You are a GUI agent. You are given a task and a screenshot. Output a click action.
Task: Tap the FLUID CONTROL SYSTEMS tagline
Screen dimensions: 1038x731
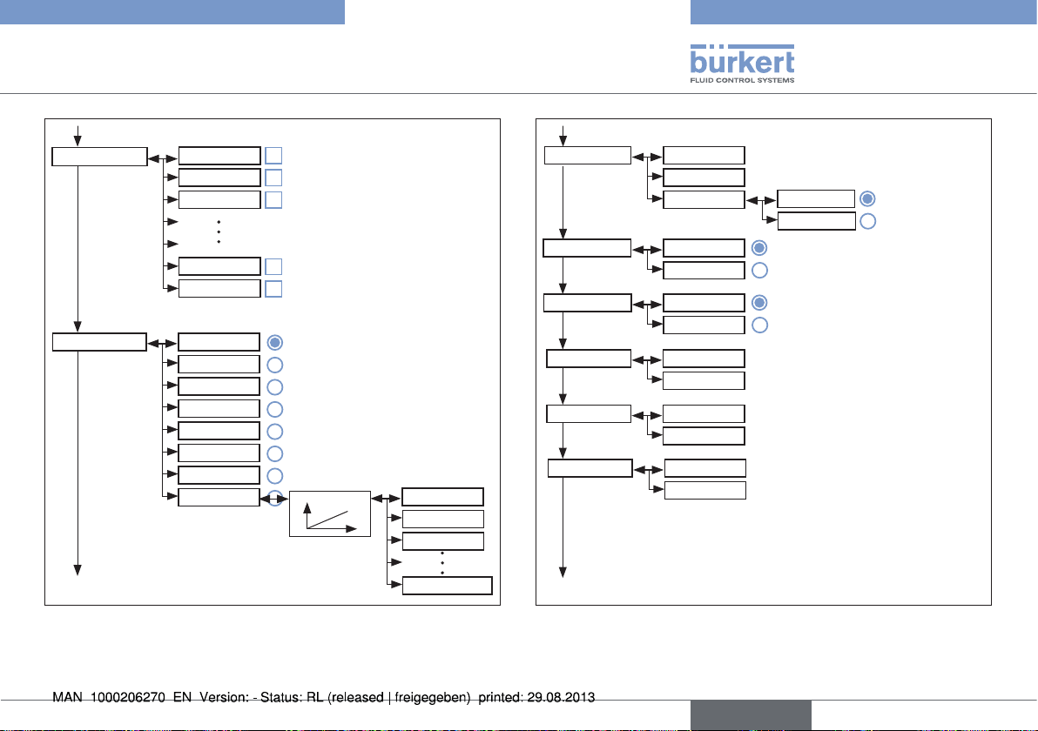coord(742,80)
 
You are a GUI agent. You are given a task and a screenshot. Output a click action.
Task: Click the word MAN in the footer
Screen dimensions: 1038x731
coord(68,697)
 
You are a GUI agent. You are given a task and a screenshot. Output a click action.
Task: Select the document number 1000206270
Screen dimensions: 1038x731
coord(128,697)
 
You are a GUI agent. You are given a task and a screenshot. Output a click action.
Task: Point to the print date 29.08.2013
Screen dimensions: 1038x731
coord(561,697)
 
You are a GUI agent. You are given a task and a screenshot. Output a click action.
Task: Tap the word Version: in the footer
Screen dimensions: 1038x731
coord(224,697)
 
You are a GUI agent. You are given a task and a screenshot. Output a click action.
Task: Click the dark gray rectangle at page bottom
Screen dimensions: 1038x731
coord(751,715)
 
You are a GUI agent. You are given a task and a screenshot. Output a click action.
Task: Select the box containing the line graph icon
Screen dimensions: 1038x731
coord(330,514)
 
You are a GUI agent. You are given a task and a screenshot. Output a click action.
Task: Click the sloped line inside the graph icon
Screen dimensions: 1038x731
coord(328,520)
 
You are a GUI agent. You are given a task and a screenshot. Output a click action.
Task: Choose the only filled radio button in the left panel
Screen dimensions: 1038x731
coord(274,343)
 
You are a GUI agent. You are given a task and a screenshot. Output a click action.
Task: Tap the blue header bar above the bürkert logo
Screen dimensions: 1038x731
coord(864,12)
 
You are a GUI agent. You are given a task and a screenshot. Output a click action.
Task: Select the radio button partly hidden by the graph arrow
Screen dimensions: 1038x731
coord(275,498)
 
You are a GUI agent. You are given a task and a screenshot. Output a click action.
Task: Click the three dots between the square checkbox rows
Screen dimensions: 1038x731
coord(219,232)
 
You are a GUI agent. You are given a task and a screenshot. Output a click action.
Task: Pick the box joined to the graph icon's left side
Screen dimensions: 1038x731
coord(219,498)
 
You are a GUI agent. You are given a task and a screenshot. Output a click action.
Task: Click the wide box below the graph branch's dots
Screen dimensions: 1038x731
coord(448,586)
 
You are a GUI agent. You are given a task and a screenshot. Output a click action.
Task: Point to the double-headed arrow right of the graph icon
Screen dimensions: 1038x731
coord(386,498)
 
